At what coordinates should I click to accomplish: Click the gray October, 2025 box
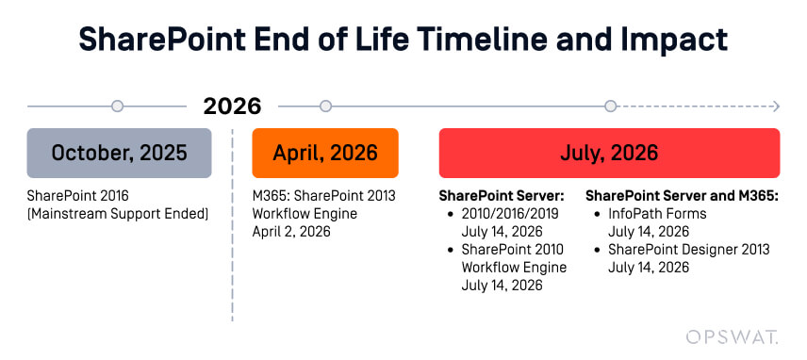(x=119, y=153)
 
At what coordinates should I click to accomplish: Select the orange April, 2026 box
(x=325, y=153)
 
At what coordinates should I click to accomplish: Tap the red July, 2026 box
(x=609, y=153)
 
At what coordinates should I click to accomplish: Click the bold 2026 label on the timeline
(x=232, y=106)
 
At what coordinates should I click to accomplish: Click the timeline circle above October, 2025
(x=117, y=106)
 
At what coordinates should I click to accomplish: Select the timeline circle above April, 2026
(x=325, y=106)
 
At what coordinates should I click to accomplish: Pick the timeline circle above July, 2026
(x=610, y=106)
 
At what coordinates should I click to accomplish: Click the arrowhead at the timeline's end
(x=775, y=106)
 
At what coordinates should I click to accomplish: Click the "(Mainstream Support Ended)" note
(x=118, y=214)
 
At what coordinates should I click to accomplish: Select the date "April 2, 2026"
(x=291, y=232)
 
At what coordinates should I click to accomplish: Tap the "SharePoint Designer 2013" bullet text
(x=688, y=250)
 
